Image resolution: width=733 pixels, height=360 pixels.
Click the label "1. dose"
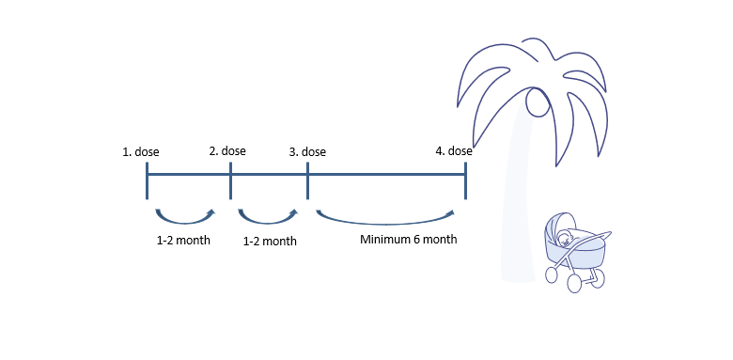tap(140, 151)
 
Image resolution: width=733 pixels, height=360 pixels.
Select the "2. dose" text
tap(226, 150)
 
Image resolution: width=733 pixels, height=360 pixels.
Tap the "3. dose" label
tap(307, 151)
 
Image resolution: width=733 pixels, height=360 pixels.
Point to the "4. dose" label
tap(454, 150)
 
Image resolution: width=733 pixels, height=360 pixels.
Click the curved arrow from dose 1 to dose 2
tap(185, 218)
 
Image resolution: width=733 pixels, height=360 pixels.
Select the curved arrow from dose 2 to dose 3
tap(269, 219)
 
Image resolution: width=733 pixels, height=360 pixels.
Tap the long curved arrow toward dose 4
tap(390, 223)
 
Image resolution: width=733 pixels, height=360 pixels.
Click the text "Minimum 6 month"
tap(408, 240)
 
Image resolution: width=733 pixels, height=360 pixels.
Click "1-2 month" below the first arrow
tap(183, 241)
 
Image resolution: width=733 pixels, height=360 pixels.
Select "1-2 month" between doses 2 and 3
tap(270, 242)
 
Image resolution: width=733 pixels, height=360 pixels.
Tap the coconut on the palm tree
tap(537, 102)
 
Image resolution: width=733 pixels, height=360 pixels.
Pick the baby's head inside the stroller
tap(563, 238)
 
